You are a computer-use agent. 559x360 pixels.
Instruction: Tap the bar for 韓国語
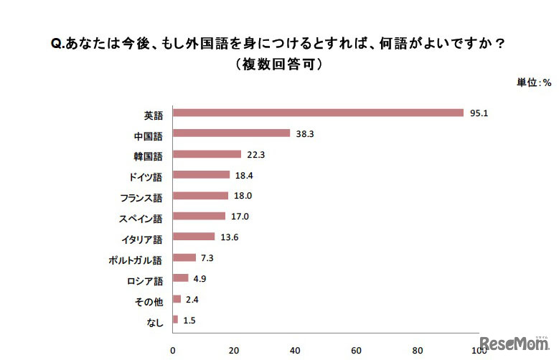[207, 154]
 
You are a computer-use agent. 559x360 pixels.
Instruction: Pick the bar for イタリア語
[194, 237]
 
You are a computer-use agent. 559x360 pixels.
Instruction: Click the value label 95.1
[479, 113]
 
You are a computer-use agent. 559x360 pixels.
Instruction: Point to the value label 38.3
[305, 133]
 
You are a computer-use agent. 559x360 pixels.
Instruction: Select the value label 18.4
[245, 175]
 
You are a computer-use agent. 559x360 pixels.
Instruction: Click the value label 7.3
[208, 257]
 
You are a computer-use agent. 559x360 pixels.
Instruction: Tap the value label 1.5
[190, 319]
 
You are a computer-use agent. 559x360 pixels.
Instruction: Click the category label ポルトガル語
[136, 258]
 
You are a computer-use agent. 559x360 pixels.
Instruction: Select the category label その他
[149, 299]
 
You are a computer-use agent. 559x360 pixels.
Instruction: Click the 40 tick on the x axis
[295, 351]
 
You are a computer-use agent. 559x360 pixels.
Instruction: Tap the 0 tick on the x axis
[172, 351]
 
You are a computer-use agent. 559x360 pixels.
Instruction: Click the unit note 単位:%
[533, 82]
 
